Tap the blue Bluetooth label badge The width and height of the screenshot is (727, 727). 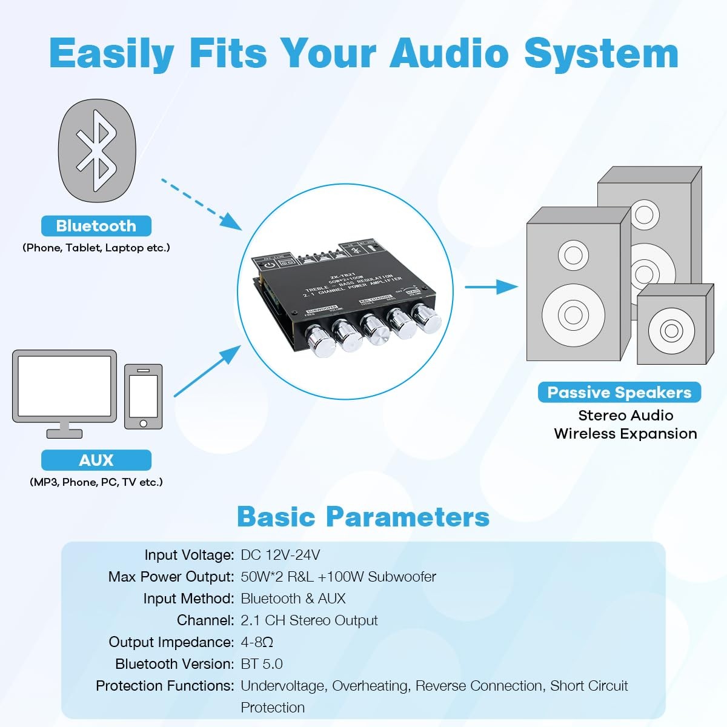tap(96, 226)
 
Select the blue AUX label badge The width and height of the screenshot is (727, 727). tap(96, 460)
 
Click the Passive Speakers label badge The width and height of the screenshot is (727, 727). tap(619, 393)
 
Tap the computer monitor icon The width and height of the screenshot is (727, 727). tap(64, 391)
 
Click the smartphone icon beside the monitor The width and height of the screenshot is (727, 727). tap(143, 397)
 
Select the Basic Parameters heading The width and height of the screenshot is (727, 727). tap(363, 517)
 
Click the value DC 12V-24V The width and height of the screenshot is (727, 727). tap(281, 555)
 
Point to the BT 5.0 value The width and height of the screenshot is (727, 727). tap(262, 664)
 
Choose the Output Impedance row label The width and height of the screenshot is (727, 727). tap(171, 642)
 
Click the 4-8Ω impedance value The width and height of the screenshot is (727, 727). tap(257, 642)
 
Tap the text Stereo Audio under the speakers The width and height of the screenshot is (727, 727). tap(625, 416)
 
